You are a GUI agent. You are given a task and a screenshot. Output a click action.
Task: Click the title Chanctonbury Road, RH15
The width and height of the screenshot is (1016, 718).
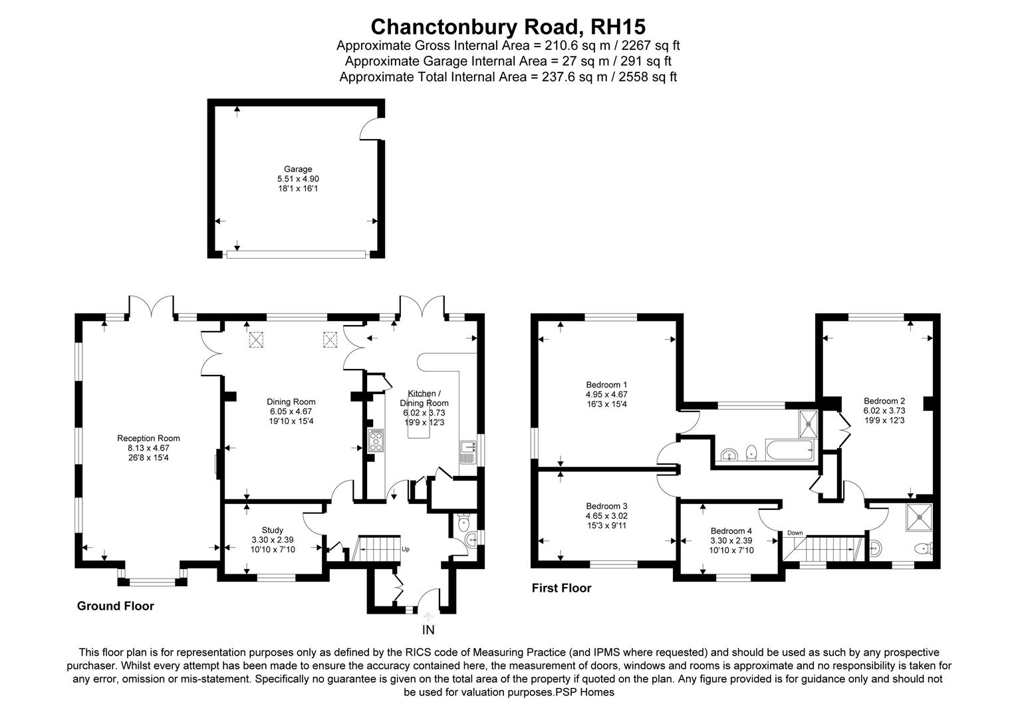click(x=508, y=27)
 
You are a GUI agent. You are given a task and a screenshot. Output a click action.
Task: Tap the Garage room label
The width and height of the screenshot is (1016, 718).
click(x=298, y=169)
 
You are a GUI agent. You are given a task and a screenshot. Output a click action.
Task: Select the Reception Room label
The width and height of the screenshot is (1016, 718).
click(x=148, y=438)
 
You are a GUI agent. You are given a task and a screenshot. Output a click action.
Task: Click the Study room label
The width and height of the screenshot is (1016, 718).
click(x=272, y=530)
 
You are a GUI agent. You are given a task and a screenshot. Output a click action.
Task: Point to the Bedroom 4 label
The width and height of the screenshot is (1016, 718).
click(x=731, y=531)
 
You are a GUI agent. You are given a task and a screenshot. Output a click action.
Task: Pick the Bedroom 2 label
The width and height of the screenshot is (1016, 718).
click(x=884, y=401)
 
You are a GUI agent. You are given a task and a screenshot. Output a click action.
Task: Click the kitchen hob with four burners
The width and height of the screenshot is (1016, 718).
click(x=376, y=440)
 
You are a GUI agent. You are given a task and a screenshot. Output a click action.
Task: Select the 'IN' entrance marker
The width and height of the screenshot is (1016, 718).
click(x=428, y=630)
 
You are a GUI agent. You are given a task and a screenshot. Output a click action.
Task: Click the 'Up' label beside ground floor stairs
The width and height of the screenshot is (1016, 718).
click(x=406, y=550)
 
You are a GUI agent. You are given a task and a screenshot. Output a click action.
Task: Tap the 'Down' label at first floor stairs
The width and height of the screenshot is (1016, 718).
click(x=795, y=533)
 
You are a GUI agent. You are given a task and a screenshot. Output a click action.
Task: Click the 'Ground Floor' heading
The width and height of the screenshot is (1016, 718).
click(x=115, y=606)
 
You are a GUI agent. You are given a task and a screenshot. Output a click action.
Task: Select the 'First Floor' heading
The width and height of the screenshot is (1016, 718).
click(x=561, y=588)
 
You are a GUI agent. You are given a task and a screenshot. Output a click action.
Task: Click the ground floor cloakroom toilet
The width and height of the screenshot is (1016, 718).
click(x=469, y=537)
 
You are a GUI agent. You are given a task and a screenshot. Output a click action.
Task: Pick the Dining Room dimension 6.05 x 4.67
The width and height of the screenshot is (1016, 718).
click(x=291, y=412)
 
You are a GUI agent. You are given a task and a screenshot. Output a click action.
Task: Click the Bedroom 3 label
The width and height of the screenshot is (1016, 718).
click(x=606, y=506)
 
